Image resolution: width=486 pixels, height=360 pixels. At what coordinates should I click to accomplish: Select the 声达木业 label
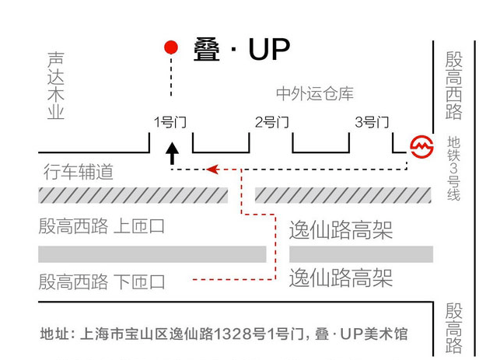pyautogui.click(x=55, y=86)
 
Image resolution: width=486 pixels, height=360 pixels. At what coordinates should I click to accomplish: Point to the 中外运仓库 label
pyautogui.click(x=315, y=94)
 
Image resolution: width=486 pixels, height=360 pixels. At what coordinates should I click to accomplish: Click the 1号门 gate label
pyautogui.click(x=170, y=122)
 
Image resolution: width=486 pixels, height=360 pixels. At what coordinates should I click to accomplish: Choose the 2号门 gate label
pyautogui.click(x=272, y=122)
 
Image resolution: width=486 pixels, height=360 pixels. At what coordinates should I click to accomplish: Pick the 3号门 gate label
pyautogui.click(x=372, y=122)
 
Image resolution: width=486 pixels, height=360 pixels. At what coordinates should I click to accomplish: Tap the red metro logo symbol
pyautogui.click(x=421, y=146)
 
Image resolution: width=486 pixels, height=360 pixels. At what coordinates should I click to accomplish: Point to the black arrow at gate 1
pyautogui.click(x=172, y=152)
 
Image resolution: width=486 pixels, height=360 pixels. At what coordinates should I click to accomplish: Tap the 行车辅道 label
pyautogui.click(x=78, y=173)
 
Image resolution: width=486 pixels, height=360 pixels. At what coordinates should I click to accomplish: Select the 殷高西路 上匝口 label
pyautogui.click(x=102, y=227)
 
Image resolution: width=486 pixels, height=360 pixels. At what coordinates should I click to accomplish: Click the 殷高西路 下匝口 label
pyautogui.click(x=102, y=281)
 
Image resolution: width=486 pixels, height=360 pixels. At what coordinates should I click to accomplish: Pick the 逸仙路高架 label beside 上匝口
pyautogui.click(x=341, y=230)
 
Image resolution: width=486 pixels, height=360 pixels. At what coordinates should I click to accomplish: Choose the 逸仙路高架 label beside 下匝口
pyautogui.click(x=341, y=278)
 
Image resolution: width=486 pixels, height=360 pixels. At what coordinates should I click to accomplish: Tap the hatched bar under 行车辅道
pyautogui.click(x=133, y=195)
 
